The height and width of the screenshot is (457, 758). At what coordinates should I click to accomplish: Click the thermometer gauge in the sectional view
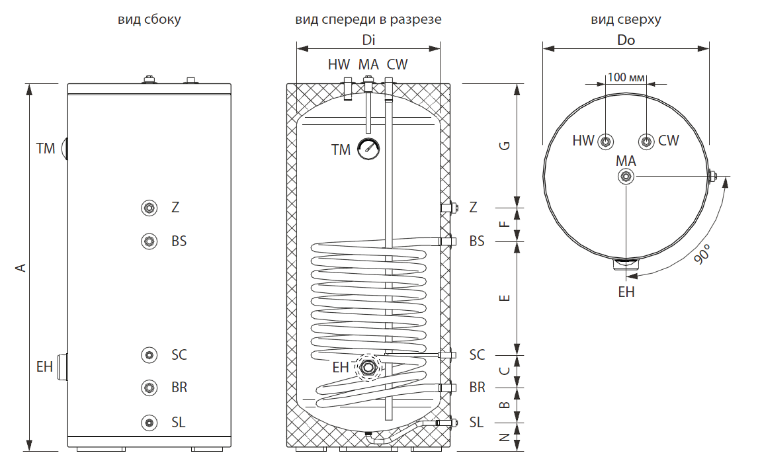pos(368,149)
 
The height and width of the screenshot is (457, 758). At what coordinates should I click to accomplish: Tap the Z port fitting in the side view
pos(150,208)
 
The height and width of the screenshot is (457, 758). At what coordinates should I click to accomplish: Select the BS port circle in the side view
pos(150,241)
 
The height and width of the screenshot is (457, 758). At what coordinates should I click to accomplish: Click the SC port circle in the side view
pos(150,355)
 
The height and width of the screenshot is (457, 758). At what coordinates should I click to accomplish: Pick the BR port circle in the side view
pos(150,388)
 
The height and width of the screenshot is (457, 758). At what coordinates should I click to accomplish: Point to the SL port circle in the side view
pos(150,423)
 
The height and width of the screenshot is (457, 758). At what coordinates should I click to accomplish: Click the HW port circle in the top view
pos(606,141)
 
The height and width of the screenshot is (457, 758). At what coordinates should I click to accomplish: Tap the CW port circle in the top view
pos(646,141)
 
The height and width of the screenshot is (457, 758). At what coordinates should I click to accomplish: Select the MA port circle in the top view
pos(626,176)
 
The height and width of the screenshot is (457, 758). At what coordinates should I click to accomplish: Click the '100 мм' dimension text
pos(626,77)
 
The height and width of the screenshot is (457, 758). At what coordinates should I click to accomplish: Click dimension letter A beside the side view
pos(21,267)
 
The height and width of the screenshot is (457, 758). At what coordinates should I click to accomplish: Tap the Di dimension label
pos(368,40)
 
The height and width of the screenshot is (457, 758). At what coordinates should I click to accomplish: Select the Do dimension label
pos(626,40)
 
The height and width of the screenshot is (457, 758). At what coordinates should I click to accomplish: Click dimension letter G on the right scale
pos(505,146)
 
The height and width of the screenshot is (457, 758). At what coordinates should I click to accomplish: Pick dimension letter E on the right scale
pos(505,298)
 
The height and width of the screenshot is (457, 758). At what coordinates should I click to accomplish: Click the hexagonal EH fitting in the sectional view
pos(367,366)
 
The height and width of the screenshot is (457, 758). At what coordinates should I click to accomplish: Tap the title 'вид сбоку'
pos(149,20)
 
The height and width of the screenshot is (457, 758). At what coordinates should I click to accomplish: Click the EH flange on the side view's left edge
pos(63,366)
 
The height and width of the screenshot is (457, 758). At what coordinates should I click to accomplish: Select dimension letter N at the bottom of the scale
pos(505,437)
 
